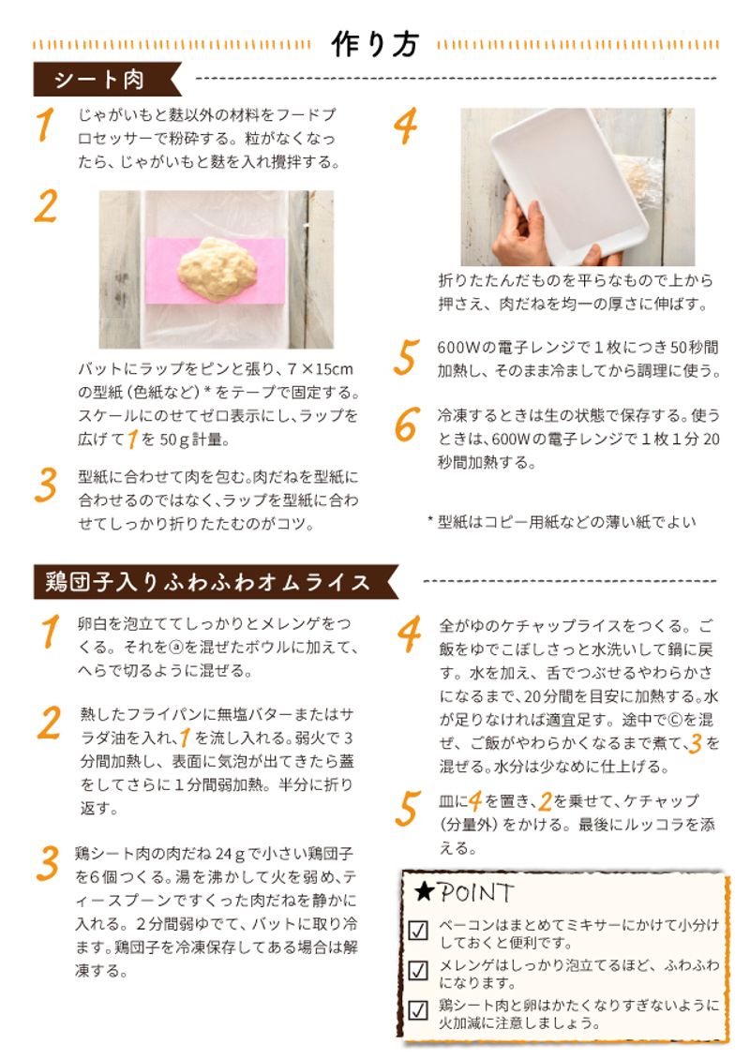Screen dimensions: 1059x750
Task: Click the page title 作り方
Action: [375, 44]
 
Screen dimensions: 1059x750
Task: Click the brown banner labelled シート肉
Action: [99, 81]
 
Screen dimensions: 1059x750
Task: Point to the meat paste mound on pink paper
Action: [218, 267]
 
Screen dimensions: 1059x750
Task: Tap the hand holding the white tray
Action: [519, 231]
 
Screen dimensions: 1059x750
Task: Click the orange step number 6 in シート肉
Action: [405, 427]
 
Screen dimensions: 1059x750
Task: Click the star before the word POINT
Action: [423, 891]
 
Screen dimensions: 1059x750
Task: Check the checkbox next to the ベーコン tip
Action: [419, 932]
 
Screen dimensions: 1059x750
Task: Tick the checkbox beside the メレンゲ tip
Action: [419, 971]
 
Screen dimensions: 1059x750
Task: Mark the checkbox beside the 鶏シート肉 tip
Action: [419, 1010]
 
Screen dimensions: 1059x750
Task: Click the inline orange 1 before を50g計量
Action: [133, 439]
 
